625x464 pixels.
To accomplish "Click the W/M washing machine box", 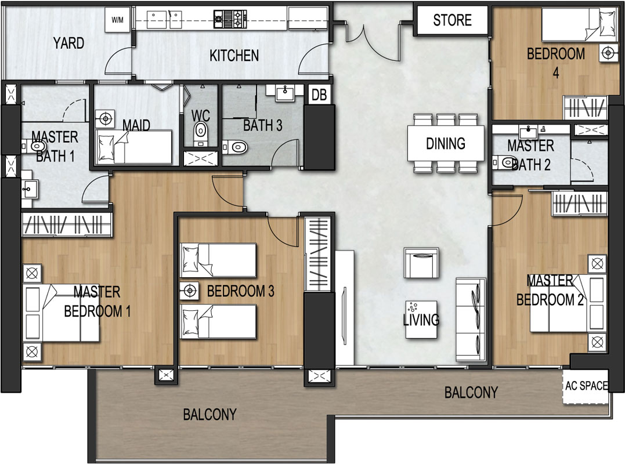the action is click(118, 20).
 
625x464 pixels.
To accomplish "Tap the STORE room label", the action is click(453, 20).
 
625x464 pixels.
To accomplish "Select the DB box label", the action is click(319, 95).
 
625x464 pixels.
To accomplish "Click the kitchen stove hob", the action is click(230, 19).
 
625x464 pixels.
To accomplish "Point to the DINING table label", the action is click(446, 143).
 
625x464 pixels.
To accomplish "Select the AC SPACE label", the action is click(586, 386).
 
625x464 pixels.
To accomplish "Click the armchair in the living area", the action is click(421, 263).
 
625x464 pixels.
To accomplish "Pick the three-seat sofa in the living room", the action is click(471, 320).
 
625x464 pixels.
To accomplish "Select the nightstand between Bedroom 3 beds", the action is click(190, 291).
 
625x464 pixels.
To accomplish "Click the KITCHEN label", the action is click(234, 55).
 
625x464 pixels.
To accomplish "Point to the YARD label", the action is click(68, 43).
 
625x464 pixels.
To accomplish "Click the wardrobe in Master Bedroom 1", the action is click(67, 224).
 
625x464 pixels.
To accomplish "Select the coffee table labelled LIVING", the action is click(421, 320).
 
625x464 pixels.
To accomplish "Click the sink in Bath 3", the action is click(284, 93).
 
